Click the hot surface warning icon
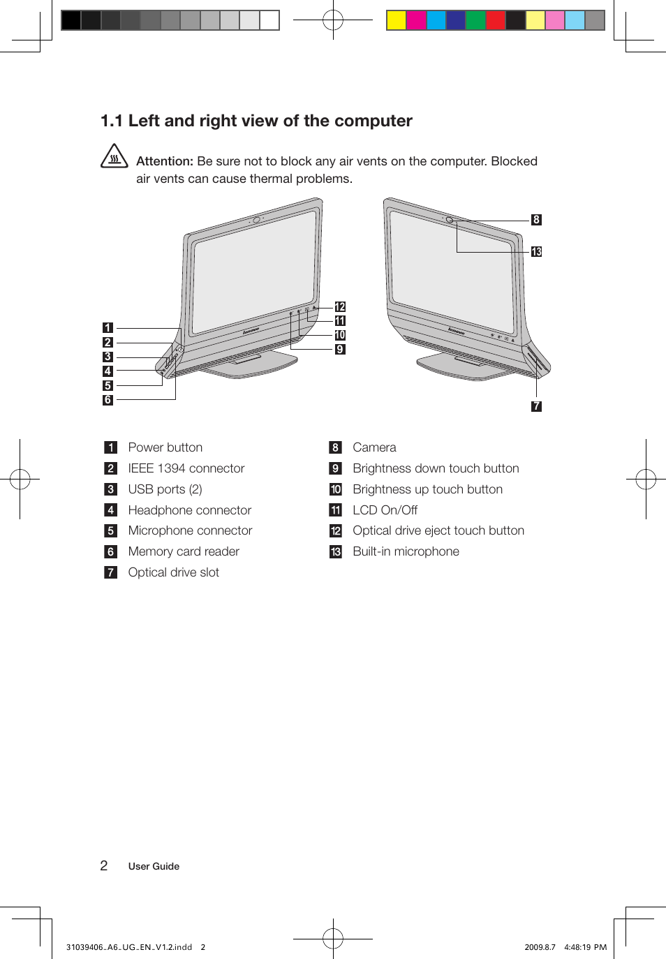(x=114, y=156)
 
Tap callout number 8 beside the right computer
(x=536, y=220)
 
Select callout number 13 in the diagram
(x=536, y=252)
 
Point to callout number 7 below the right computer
(x=536, y=406)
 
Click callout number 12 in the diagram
(x=340, y=307)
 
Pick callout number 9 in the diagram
(x=340, y=350)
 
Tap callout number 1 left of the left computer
(x=108, y=328)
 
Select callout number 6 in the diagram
(x=108, y=401)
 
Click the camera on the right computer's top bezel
(x=450, y=221)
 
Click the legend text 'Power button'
(x=165, y=447)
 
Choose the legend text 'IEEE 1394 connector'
(x=186, y=468)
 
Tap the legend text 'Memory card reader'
(x=184, y=551)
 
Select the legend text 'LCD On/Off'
(x=385, y=510)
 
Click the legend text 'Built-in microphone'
(x=406, y=551)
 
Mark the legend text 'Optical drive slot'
(x=173, y=572)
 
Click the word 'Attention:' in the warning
(x=165, y=161)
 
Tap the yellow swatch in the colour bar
(x=397, y=20)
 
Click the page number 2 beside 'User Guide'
(x=104, y=866)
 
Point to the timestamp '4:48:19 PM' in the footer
(x=585, y=947)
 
